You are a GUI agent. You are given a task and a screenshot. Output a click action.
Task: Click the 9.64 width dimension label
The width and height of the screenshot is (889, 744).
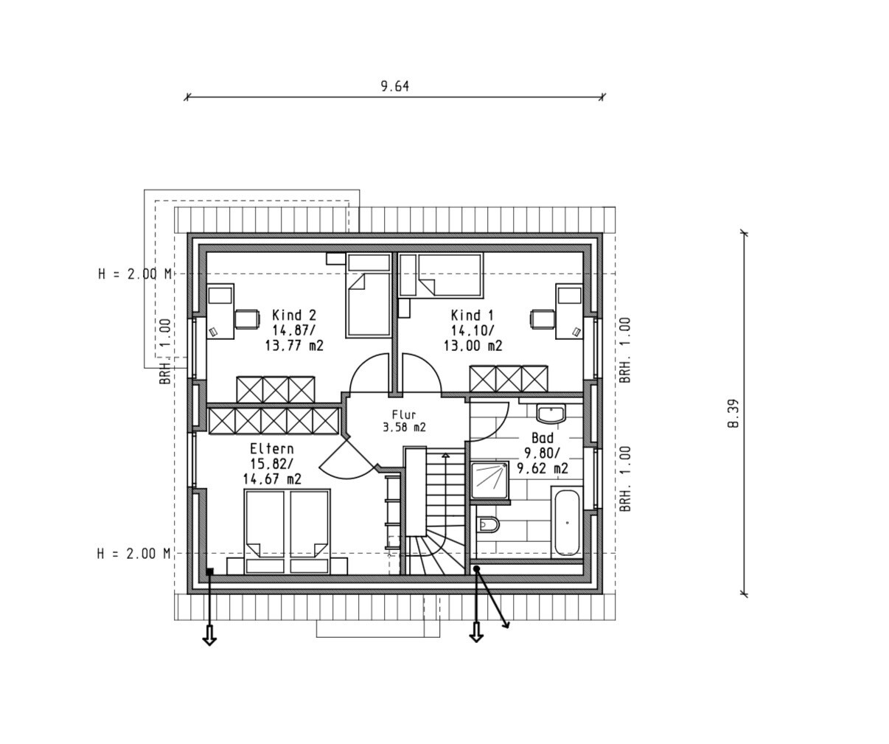tap(394, 86)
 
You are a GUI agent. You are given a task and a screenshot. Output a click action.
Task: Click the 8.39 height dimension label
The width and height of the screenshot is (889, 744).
tap(734, 414)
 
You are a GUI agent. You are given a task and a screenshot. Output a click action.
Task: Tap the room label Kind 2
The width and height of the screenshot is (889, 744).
tap(294, 316)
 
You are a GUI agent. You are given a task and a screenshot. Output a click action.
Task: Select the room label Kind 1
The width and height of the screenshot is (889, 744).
tap(473, 316)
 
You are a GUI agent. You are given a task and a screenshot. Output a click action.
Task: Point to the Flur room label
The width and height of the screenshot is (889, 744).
tap(404, 414)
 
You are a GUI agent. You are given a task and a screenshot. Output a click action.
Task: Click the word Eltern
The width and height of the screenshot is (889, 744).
tap(271, 449)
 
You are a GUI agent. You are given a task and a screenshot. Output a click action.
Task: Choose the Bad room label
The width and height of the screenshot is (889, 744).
tap(543, 438)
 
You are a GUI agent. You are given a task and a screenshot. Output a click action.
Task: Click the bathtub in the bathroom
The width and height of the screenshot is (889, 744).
tap(567, 523)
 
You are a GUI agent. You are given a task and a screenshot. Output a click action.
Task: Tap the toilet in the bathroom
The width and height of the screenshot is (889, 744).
tap(487, 525)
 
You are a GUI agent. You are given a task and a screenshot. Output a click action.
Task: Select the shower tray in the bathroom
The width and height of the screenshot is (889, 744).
tap(489, 480)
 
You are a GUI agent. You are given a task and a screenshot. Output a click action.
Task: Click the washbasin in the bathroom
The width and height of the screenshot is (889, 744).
tap(551, 414)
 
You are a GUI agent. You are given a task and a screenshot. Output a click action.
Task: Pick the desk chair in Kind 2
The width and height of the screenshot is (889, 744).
tap(247, 319)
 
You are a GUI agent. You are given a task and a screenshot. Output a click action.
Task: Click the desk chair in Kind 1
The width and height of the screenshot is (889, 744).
tap(543, 319)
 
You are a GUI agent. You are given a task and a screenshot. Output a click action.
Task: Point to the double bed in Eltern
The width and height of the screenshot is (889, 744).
tap(287, 532)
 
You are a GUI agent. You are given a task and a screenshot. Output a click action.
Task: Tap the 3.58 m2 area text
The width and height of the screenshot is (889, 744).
tap(404, 427)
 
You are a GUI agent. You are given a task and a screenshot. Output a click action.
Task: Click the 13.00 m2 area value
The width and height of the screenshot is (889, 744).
tap(473, 345)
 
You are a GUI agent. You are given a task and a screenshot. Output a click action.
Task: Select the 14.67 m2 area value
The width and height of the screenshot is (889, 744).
tap(272, 479)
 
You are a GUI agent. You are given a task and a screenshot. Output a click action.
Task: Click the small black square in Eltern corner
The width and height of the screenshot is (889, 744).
tap(209, 571)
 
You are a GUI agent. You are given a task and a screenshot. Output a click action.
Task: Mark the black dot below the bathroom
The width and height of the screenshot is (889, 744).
tap(477, 569)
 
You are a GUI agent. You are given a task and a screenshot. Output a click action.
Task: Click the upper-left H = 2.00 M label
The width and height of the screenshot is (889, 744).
tap(135, 274)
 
